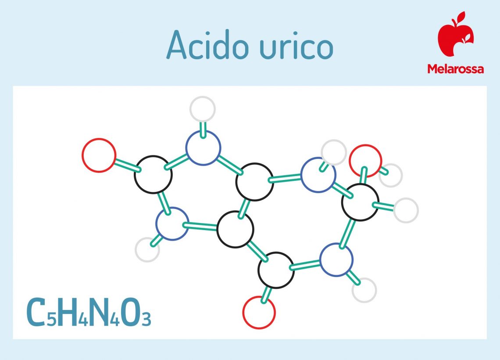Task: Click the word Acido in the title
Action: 207,45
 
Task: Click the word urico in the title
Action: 296,47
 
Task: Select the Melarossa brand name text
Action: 456,69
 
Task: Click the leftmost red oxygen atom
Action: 99,155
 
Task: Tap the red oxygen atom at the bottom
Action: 259,313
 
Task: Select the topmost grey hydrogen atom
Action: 203,109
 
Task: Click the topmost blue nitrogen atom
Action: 203,148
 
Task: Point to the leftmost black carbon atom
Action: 153,175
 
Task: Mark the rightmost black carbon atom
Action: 360,202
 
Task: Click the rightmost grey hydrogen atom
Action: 406,210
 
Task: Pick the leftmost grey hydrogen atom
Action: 147,249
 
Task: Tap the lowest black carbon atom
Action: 276,270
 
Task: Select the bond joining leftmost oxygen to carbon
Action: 127,165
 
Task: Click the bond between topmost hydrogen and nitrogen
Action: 203,129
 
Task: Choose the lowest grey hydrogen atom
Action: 364,290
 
